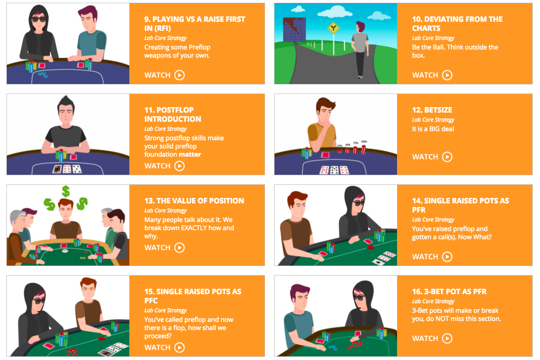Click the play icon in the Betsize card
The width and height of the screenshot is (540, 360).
pos(447,157)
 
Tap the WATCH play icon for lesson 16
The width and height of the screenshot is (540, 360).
pos(447,338)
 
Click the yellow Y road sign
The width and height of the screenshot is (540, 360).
pos(333,28)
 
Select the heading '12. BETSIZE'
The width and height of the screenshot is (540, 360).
pos(432,110)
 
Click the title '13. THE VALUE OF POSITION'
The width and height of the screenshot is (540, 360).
pos(194,201)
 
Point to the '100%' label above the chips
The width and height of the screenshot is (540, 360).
pos(363,142)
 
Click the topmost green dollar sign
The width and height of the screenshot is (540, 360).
pos(66,191)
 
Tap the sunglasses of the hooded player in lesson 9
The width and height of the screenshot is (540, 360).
pos(39,19)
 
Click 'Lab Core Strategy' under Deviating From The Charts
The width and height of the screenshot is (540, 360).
pos(433,38)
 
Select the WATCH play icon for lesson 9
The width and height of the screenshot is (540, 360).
pos(179,75)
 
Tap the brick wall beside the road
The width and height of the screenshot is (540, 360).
pos(295,30)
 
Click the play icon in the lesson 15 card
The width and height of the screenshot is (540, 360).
pos(179,347)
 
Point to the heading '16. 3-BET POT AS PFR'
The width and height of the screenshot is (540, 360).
pos(449,291)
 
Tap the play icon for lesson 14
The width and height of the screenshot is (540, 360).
pos(447,256)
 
